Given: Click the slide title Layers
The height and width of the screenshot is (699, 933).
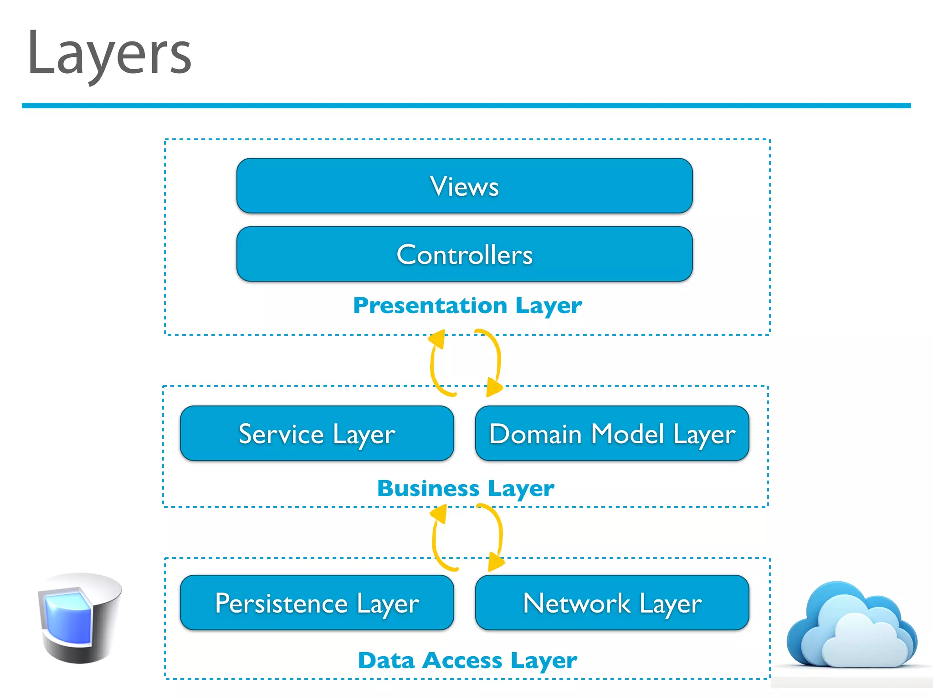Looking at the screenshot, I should pos(109,54).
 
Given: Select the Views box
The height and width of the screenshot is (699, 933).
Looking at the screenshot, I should pos(464,186).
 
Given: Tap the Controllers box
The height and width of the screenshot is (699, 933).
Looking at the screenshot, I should pos(464,254).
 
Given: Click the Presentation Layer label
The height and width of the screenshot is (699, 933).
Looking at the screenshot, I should pos(467,306).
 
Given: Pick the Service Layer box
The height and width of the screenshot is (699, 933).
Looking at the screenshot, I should pos(317,434).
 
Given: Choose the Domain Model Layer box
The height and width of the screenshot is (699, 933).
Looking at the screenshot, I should pos(612,434).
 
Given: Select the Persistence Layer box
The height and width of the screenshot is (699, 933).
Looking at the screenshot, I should pos(317,603).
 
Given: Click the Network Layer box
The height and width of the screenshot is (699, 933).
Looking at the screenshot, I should pos(612,603).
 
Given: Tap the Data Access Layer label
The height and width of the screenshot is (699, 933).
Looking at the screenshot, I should pos(467,661).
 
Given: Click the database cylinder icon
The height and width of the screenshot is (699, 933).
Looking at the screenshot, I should pos(80,618).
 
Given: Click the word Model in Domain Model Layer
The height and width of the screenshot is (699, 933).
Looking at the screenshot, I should pos(627,434).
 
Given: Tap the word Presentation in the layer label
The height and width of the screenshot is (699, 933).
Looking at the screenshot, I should pos(430,306).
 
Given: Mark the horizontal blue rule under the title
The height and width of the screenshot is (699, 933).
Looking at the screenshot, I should pos(466,106).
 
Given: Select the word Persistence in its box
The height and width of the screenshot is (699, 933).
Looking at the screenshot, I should pos(281,603).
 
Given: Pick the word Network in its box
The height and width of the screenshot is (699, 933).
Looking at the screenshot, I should pos(577,603).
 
